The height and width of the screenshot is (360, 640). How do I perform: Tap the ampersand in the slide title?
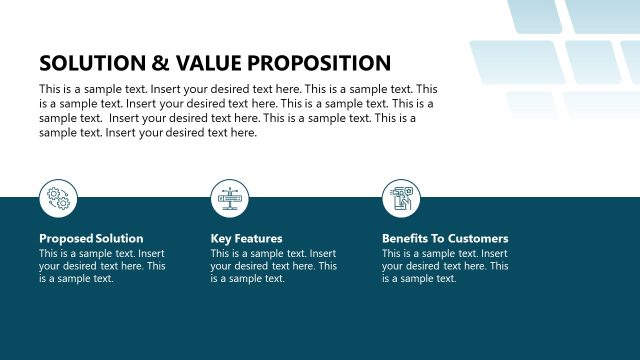(160, 63)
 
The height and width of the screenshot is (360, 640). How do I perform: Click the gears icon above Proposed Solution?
(58, 199)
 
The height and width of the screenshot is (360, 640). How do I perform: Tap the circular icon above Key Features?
(229, 199)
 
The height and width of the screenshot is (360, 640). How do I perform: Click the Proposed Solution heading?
(91, 239)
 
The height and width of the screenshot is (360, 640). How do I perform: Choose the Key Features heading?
(246, 239)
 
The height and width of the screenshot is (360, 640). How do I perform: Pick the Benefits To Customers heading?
(445, 239)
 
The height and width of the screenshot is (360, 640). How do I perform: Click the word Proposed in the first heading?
(66, 239)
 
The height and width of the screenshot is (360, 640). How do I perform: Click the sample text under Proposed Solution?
(102, 266)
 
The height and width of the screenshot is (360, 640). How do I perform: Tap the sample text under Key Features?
(273, 266)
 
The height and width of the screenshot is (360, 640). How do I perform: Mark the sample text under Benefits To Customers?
(445, 266)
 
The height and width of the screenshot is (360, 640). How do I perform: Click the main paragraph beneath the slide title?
(238, 111)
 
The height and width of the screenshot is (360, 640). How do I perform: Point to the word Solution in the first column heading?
(120, 239)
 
